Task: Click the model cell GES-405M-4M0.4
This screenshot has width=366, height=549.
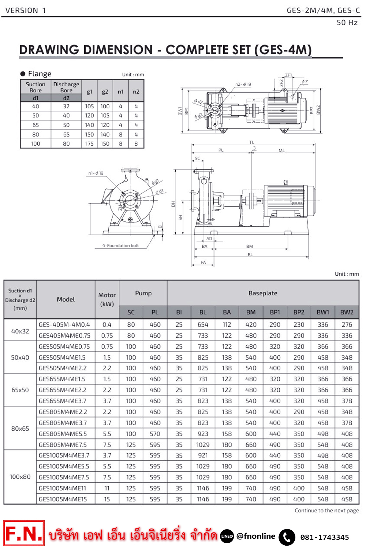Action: (64, 325)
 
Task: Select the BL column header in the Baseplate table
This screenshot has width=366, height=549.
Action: (203, 312)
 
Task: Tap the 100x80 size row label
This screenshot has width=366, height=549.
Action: (20, 477)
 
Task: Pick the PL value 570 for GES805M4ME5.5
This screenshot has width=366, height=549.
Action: (155, 434)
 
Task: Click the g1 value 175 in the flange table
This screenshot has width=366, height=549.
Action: (89, 143)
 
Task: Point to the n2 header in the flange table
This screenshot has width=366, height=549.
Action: (136, 91)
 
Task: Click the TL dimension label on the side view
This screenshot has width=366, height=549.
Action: (252, 142)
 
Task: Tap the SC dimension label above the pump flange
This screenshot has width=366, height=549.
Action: (197, 158)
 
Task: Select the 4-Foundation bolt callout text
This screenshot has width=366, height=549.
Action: (120, 246)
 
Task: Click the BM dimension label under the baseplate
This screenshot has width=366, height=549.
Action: (250, 246)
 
